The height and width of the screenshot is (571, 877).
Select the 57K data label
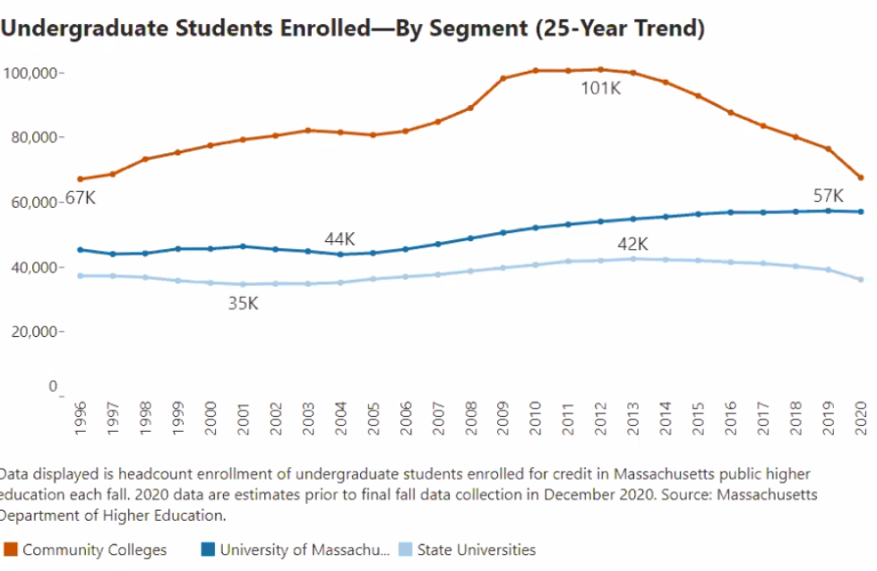pos(828,195)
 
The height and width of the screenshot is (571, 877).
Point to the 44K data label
pos(340,239)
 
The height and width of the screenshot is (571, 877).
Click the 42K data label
pos(632,244)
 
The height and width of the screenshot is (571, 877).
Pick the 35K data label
pos(242,303)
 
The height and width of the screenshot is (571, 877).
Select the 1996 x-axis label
pos(81,418)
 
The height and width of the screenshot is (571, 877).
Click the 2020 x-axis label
pos(862,418)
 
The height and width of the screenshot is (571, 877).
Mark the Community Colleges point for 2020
pos(861,177)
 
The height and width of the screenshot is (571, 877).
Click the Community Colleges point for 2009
pos(503,79)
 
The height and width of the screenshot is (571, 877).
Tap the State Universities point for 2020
pos(861,280)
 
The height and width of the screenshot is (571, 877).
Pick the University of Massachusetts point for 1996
pos(81,250)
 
